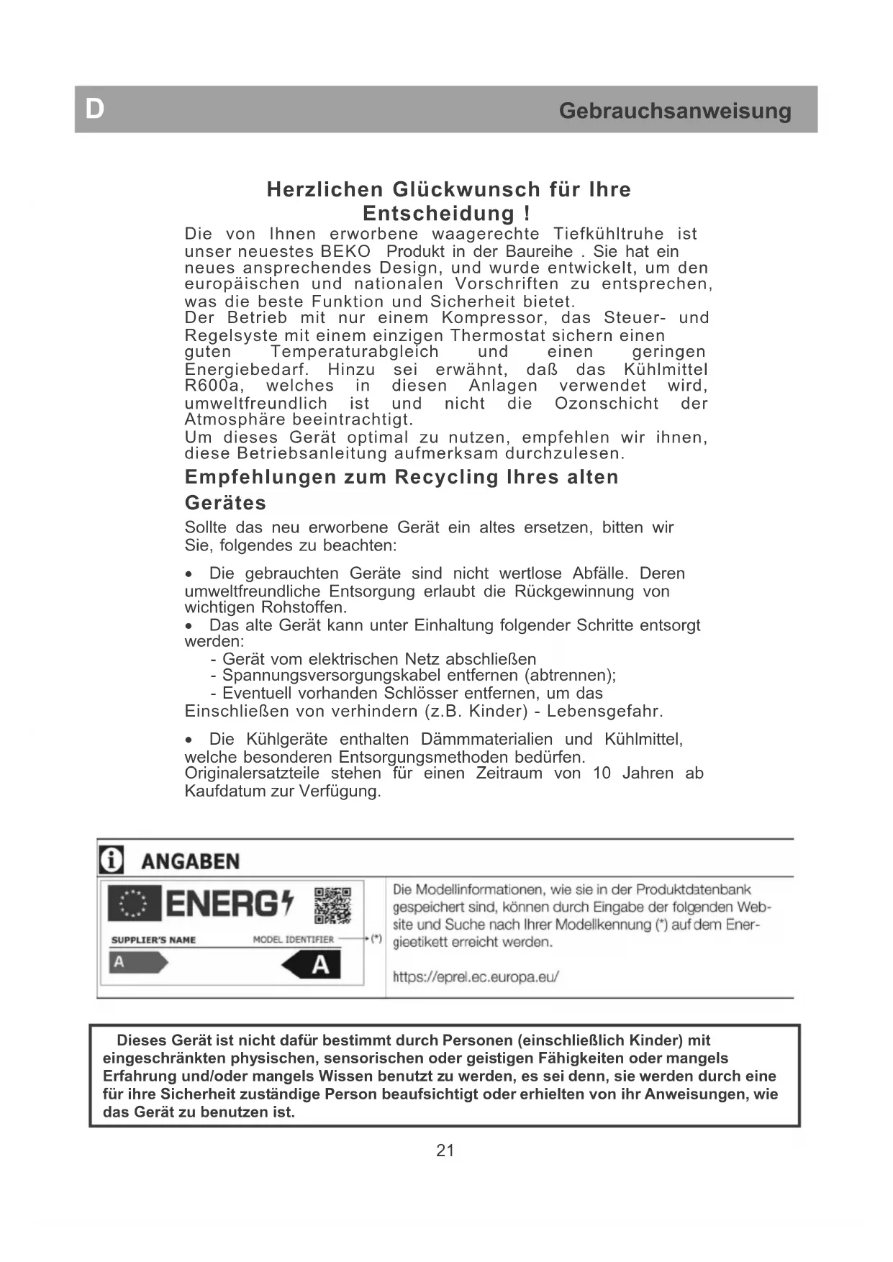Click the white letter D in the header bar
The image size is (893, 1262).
[95, 109]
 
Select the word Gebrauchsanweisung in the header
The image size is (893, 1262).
[674, 111]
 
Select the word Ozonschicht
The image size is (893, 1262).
[606, 404]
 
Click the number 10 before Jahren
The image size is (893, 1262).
[602, 773]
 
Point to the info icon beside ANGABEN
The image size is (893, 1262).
[111, 861]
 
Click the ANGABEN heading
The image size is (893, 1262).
[190, 861]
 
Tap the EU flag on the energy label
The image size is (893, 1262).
[134, 904]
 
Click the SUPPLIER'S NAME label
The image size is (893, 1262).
[153, 940]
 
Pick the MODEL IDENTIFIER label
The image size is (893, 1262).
[293, 939]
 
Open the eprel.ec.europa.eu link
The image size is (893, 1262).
[475, 977]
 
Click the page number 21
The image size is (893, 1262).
[445, 1150]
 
